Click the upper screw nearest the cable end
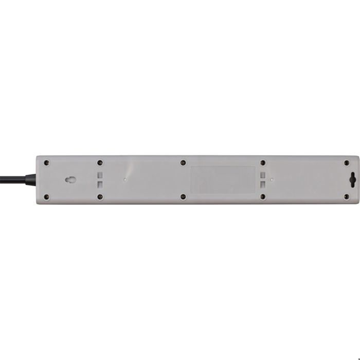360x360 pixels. pos(47,163)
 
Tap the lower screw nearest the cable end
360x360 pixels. pos(47,196)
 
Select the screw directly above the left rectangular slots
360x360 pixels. pos(100,163)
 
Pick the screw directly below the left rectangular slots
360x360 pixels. pos(100,196)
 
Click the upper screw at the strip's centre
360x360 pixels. pos(183,163)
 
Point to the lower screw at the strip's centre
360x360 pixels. pos(183,196)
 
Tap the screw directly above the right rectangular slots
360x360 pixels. pos(262,163)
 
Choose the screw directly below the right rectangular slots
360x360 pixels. pos(262,196)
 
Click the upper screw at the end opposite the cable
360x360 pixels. pos(346,163)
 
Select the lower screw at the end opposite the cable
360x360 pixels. pos(346,196)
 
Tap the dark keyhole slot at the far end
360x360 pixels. pos(352,180)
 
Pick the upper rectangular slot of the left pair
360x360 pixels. pos(101,175)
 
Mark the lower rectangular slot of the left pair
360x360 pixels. pos(101,184)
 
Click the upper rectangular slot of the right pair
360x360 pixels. pos(263,175)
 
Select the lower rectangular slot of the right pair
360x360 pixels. pos(263,184)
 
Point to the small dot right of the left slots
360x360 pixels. pos(125,180)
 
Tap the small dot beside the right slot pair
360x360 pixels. pos(271,179)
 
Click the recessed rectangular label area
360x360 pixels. pos(223,179)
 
